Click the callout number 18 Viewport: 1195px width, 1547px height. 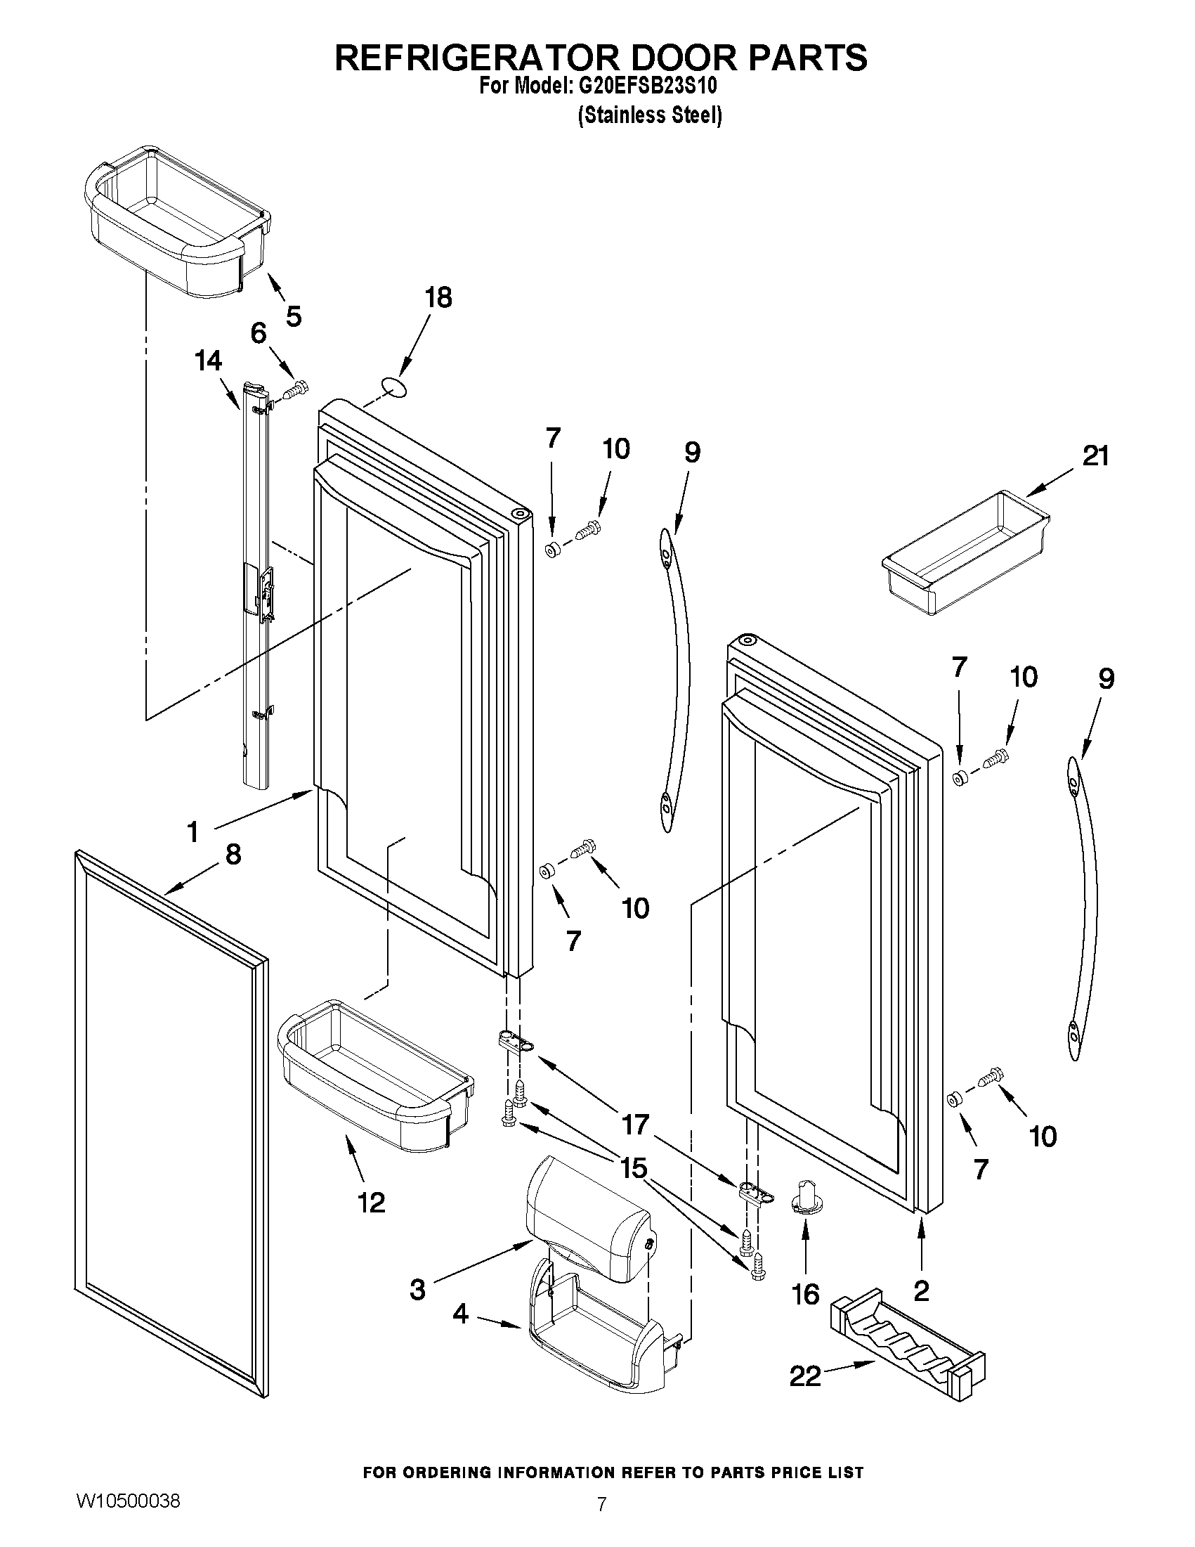(438, 298)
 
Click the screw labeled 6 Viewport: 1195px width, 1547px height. (298, 388)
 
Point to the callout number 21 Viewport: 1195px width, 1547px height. (1095, 456)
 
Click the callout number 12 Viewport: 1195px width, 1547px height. (372, 1202)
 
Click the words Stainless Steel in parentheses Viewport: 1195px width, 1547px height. (650, 115)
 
